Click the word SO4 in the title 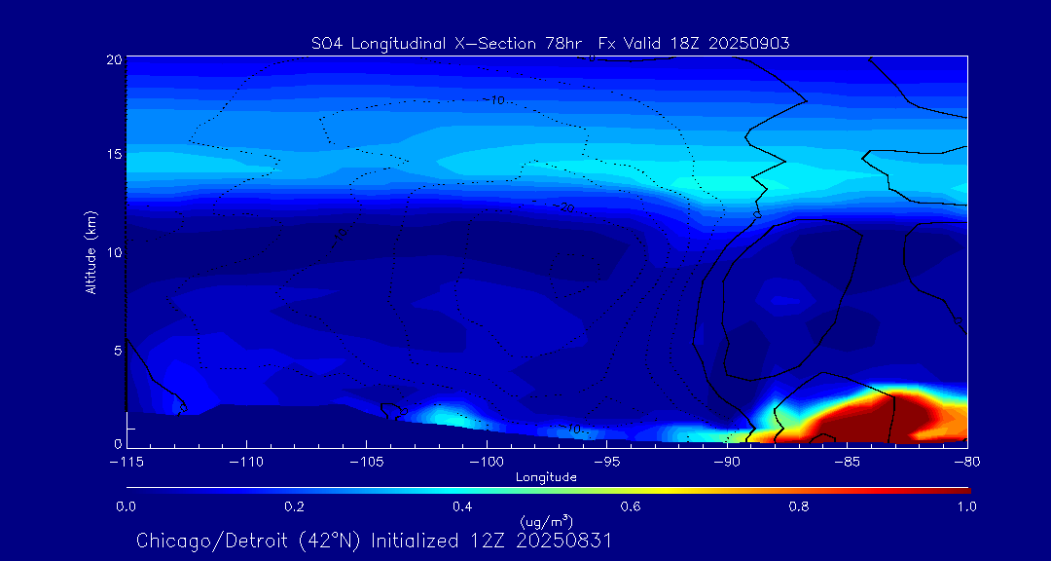click(325, 43)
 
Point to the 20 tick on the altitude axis click(113, 59)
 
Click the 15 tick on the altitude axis click(113, 155)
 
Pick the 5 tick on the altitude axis click(118, 349)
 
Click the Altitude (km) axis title click(91, 251)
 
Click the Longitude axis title click(546, 477)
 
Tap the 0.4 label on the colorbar click(462, 506)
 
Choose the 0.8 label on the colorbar click(800, 506)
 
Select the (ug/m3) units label click(547, 522)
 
